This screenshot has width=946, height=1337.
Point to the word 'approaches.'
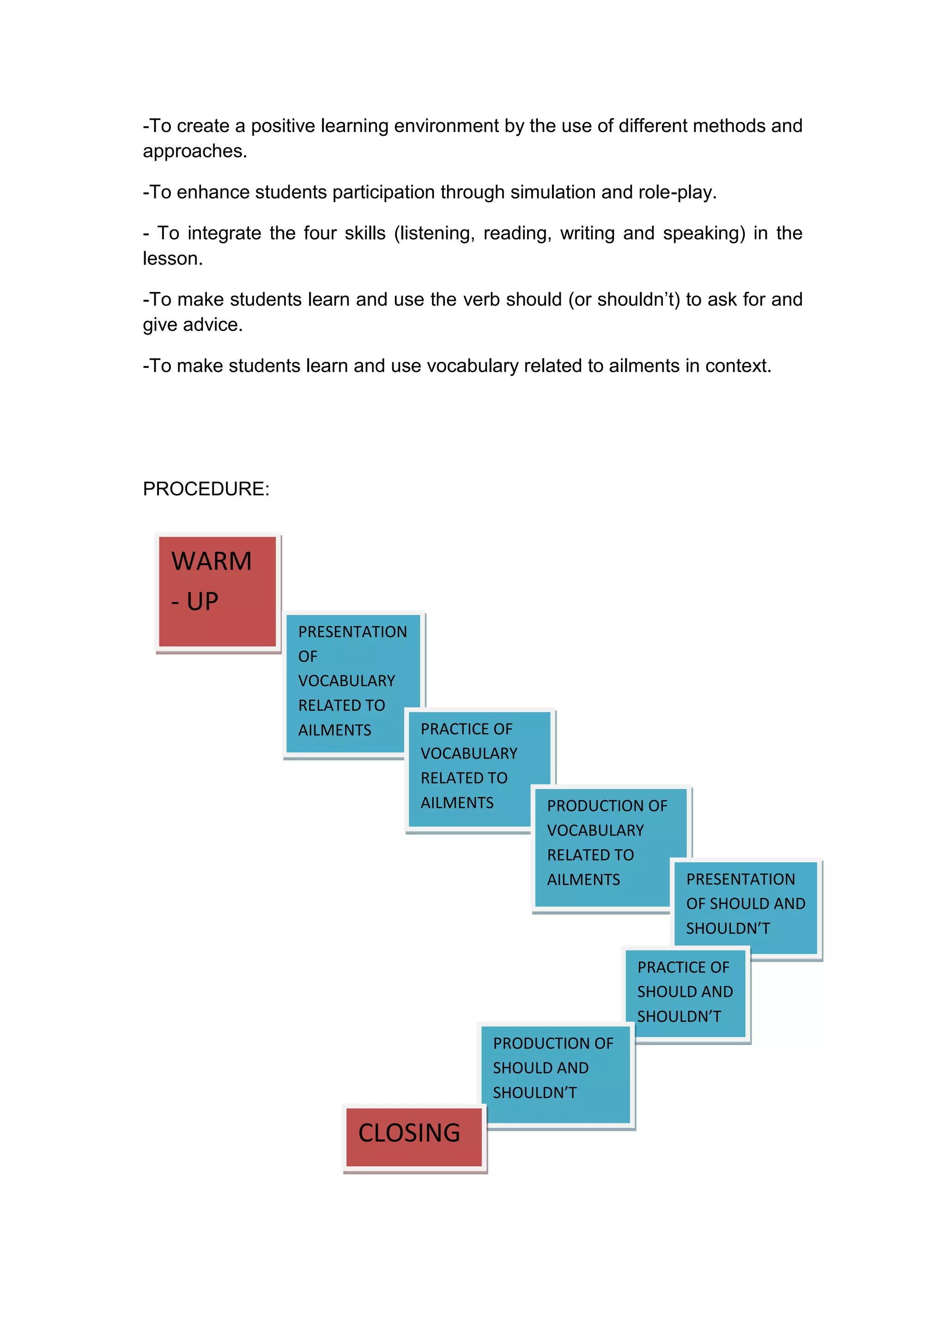pyautogui.click(x=195, y=151)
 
